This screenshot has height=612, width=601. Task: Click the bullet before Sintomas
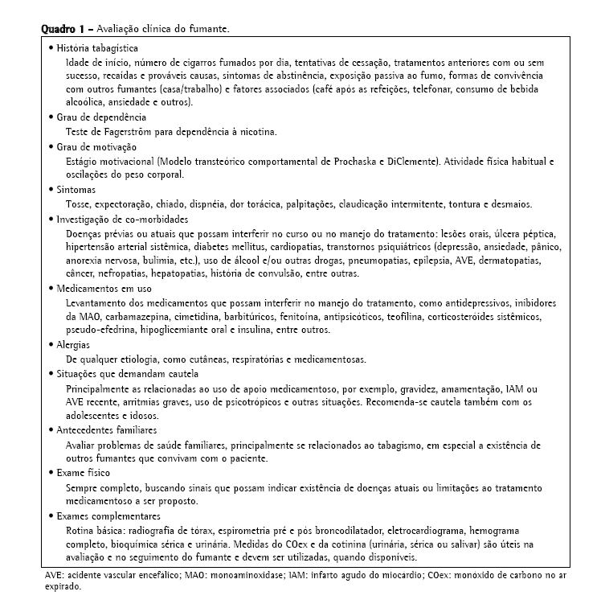(50, 190)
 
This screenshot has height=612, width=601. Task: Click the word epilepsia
(457, 260)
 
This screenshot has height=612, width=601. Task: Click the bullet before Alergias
(50, 345)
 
